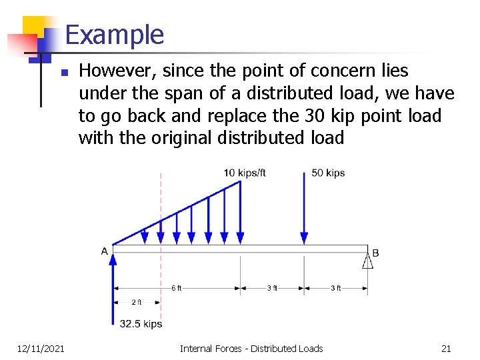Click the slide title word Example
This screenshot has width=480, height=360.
(x=115, y=35)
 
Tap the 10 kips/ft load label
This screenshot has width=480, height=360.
(x=245, y=173)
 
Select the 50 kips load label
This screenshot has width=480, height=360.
(x=328, y=173)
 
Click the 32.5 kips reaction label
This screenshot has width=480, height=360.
(x=141, y=324)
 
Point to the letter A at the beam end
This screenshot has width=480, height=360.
(x=105, y=251)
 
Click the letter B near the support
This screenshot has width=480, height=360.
(x=376, y=253)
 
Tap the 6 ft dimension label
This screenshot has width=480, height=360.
(x=176, y=288)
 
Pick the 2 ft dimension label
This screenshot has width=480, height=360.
(x=137, y=302)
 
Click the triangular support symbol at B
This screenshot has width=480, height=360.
(x=367, y=260)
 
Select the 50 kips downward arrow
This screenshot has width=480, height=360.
(x=304, y=207)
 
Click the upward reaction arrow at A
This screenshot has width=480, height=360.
(x=113, y=287)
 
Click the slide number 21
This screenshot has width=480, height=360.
(x=446, y=348)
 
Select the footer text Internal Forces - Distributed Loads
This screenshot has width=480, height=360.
(x=251, y=348)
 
